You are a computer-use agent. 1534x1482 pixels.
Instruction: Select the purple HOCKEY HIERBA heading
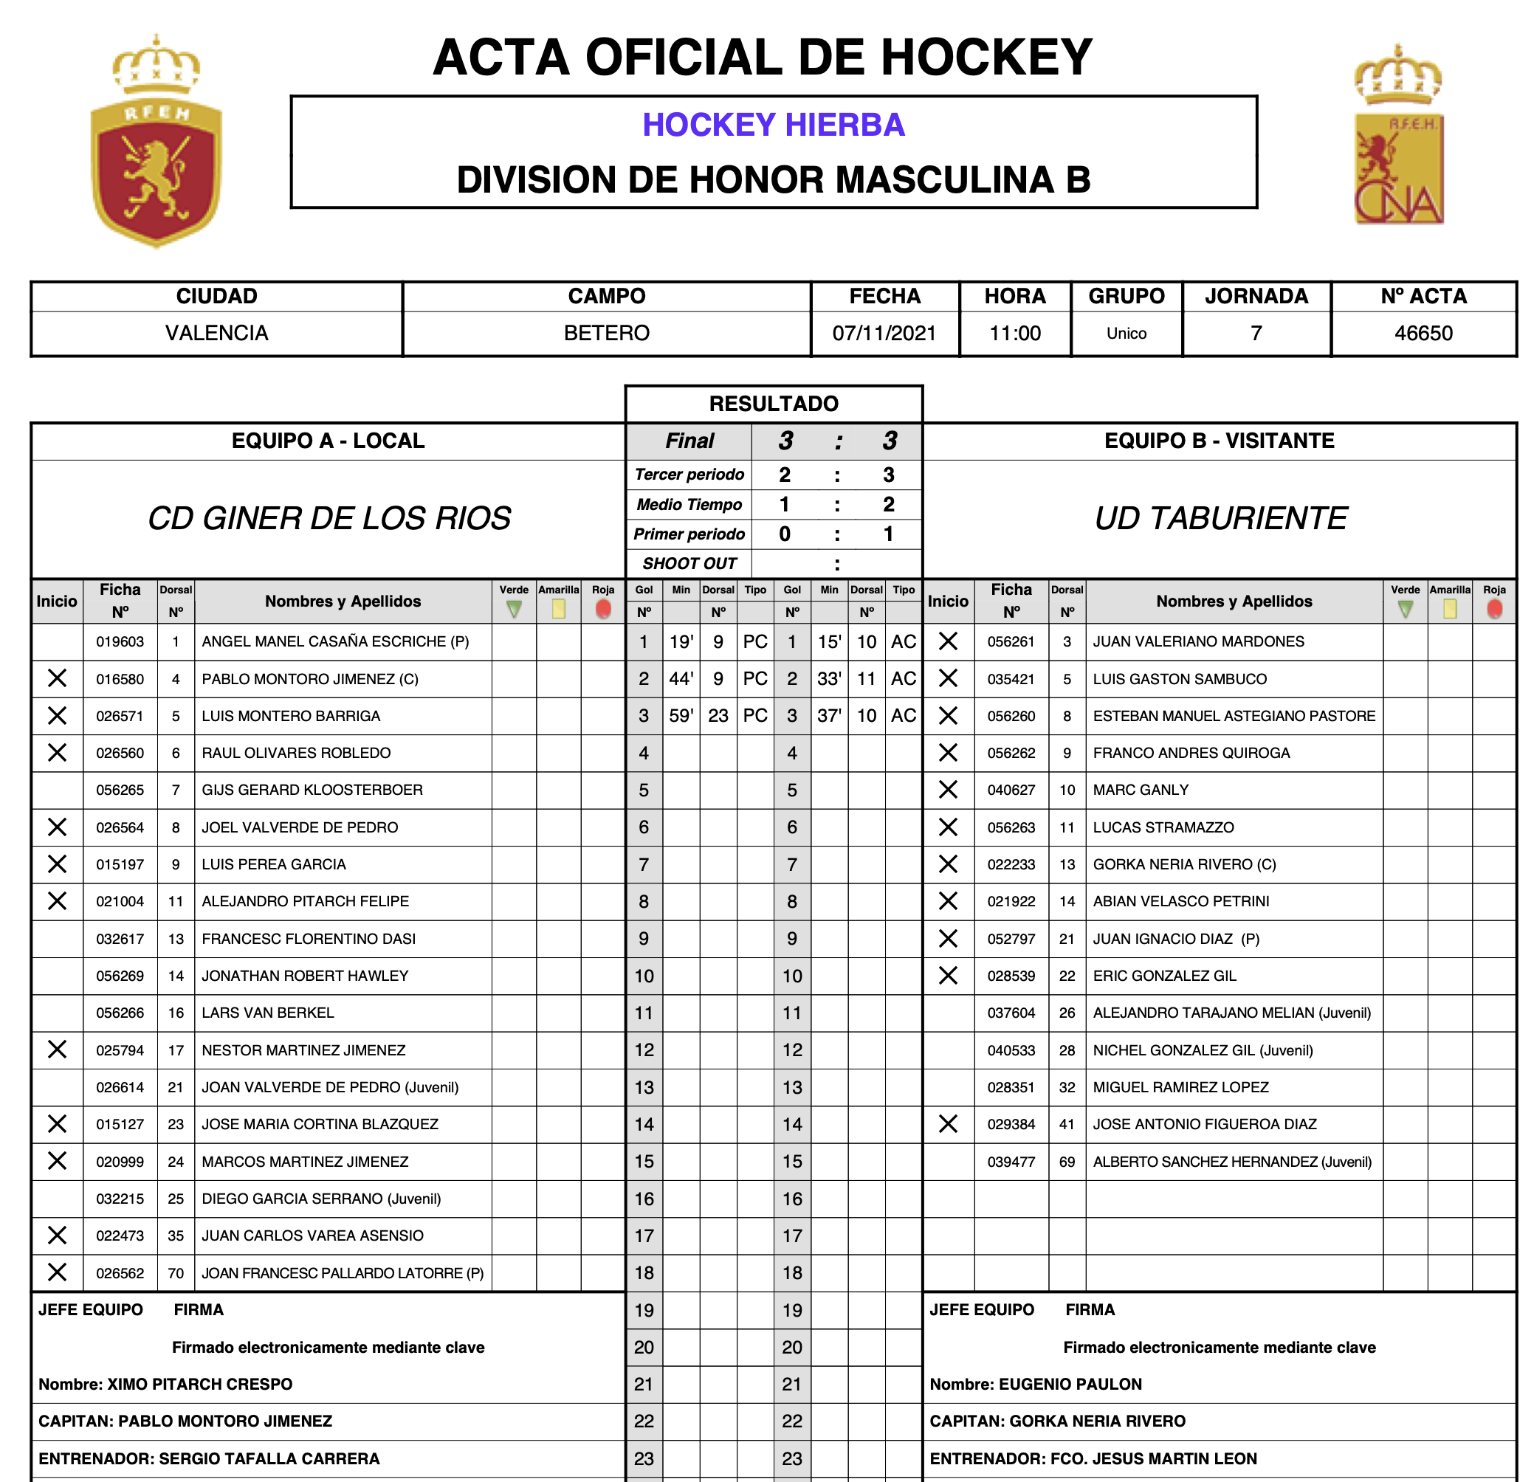point(773,125)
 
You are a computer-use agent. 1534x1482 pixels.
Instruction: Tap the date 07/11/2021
point(884,334)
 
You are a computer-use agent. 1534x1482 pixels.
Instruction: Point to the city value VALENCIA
point(216,334)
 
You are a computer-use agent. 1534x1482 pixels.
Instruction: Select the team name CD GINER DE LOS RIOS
point(329,518)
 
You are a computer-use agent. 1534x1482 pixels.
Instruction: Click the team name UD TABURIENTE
point(1220,518)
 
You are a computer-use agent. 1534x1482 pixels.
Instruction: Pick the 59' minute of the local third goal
point(681,716)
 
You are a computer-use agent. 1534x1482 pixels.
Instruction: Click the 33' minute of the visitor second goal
point(829,678)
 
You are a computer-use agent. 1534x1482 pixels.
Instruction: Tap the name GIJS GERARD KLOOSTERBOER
point(312,790)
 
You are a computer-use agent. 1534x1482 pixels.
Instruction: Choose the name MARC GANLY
point(1141,790)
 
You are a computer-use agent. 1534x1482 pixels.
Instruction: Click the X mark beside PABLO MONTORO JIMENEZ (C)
point(57,678)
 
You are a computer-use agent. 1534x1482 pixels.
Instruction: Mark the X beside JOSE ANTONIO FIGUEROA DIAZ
point(948,1124)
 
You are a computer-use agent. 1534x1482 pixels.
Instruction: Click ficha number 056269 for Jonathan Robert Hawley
point(120,976)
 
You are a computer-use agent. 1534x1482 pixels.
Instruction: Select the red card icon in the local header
point(602,609)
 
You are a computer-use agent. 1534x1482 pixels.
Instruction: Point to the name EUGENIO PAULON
point(1070,1384)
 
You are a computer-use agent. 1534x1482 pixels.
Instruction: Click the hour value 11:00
point(1015,334)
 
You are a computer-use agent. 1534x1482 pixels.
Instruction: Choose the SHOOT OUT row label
point(689,563)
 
